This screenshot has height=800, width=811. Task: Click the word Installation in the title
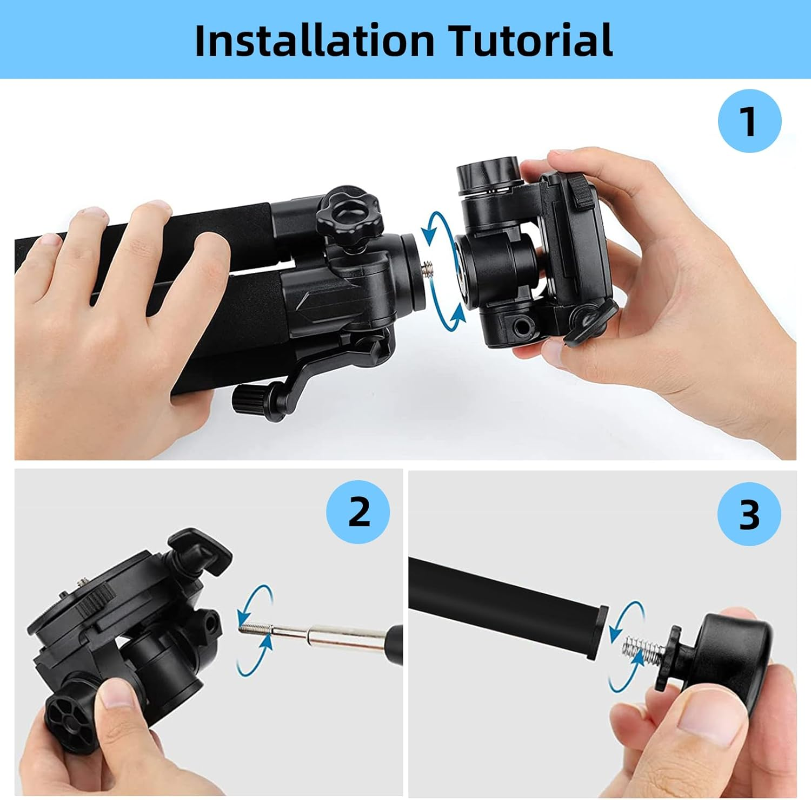(314, 40)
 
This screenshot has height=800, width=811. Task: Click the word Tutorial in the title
(531, 40)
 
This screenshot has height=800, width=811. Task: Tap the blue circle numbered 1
(749, 121)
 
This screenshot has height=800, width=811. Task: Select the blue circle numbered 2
(358, 512)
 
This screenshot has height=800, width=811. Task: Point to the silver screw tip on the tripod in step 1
(429, 267)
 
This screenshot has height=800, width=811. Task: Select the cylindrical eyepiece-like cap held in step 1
(488, 172)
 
